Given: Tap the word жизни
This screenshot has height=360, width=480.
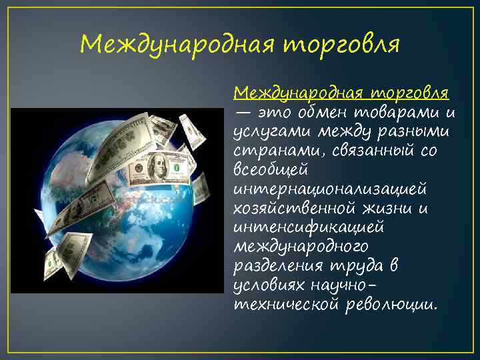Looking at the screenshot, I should pyautogui.click(x=393, y=208).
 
